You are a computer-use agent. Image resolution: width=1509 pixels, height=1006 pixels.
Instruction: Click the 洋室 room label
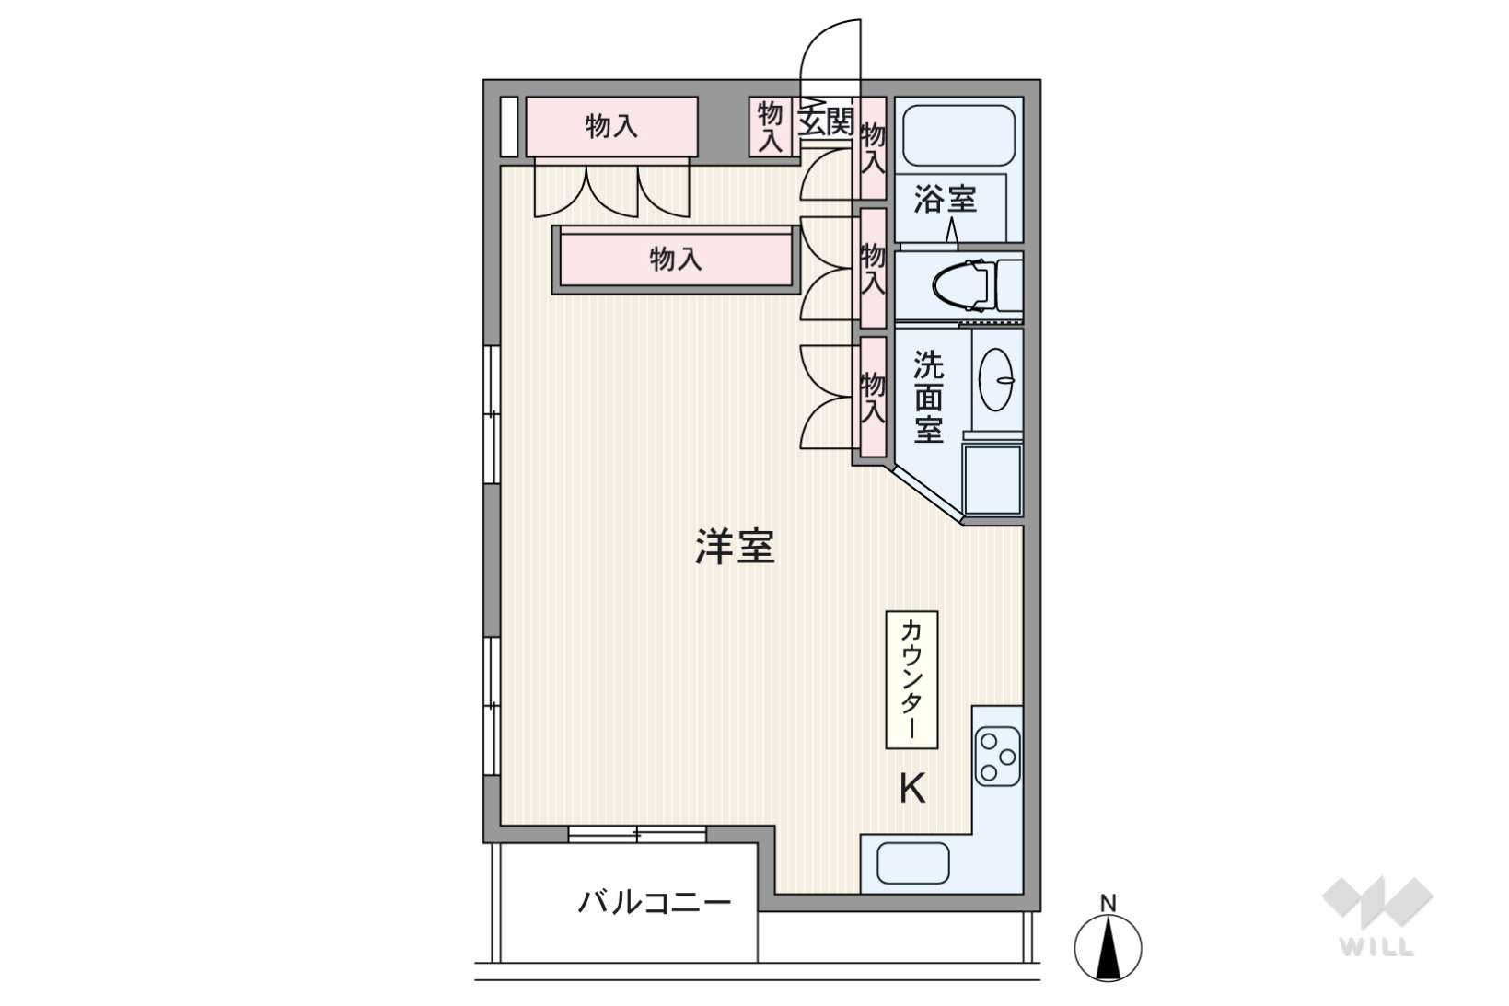pyautogui.click(x=734, y=547)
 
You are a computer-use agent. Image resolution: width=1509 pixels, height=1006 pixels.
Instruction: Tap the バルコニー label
pyautogui.click(x=654, y=901)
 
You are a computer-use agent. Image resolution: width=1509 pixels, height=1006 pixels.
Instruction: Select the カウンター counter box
pyautogui.click(x=911, y=679)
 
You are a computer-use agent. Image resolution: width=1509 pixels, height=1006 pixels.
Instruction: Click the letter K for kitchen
pyautogui.click(x=911, y=788)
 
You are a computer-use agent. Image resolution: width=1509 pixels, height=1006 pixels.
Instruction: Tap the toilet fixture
pyautogui.click(x=967, y=284)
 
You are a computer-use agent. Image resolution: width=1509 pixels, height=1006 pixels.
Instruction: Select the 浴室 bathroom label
pyautogui.click(x=945, y=198)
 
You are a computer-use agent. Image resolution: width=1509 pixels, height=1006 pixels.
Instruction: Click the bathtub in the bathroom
pyautogui.click(x=958, y=134)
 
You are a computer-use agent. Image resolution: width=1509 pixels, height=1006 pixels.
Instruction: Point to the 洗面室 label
pyautogui.click(x=928, y=398)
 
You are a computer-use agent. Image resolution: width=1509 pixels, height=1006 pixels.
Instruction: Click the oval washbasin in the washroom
pyautogui.click(x=995, y=379)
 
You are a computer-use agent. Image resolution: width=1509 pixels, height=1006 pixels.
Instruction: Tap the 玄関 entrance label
pyautogui.click(x=826, y=121)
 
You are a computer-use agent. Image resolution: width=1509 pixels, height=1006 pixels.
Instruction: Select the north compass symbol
pyautogui.click(x=1108, y=949)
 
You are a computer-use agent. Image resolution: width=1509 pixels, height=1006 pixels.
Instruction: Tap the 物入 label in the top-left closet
pyautogui.click(x=611, y=126)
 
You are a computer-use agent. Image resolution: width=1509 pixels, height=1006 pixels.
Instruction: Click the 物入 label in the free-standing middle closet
pyautogui.click(x=676, y=259)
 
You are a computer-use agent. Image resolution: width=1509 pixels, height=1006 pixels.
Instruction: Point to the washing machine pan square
pyautogui.click(x=992, y=480)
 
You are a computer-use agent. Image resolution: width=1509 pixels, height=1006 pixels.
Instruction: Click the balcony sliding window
pyautogui.click(x=637, y=835)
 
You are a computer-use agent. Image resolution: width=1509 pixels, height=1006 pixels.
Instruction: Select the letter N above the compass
pyautogui.click(x=1109, y=903)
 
